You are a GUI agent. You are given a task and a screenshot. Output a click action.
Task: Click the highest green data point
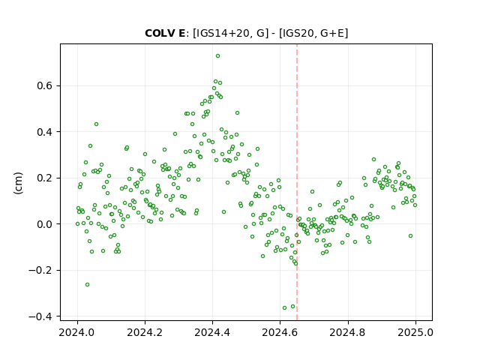point(217,56)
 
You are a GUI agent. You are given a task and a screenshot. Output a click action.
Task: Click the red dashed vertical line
point(297,182)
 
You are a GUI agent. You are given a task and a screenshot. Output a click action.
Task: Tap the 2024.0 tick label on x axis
point(77,332)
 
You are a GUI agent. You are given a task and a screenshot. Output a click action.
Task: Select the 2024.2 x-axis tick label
point(145,332)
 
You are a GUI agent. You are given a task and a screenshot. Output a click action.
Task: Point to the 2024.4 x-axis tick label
point(212,332)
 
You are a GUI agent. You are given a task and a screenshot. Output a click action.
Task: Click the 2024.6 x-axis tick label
point(280,332)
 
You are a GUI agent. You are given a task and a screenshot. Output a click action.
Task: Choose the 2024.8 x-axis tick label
point(348,332)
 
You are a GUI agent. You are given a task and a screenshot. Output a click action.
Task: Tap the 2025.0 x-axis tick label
point(415,332)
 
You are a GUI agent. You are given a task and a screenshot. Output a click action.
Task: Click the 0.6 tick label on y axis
point(44,86)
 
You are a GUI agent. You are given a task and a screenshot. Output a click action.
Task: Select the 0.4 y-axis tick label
point(44,132)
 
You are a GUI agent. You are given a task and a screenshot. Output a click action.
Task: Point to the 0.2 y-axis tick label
point(44,178)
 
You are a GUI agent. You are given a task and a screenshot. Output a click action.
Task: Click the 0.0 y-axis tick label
point(44,224)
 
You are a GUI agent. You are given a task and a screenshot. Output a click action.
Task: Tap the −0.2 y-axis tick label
point(40,270)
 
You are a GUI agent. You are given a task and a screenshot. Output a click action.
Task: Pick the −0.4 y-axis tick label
point(40,316)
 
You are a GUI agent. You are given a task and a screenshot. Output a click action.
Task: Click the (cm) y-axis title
point(18,183)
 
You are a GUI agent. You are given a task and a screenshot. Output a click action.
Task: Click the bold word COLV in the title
point(158,33)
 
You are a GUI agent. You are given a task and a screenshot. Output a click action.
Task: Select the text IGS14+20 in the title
point(220,33)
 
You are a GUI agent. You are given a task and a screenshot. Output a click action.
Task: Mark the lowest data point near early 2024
point(87,285)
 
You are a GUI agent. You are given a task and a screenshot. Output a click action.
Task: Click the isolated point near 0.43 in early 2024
point(96,124)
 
